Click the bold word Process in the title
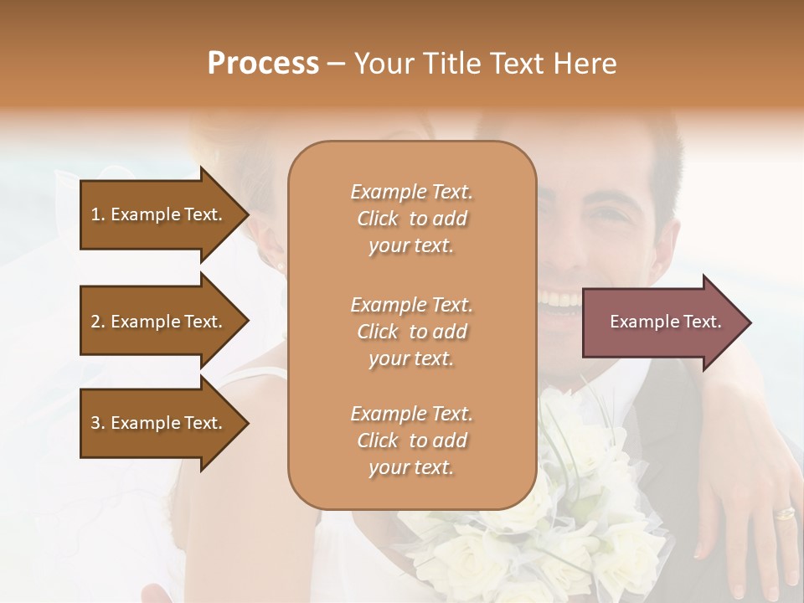263,64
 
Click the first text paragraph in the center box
411,219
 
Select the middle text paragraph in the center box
411,332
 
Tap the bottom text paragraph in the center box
411,441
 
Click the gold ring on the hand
785,513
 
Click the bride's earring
280,265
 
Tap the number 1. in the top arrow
98,214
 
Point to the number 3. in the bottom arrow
98,423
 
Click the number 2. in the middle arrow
98,322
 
